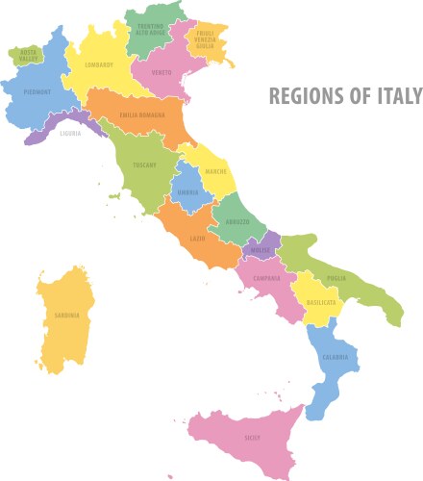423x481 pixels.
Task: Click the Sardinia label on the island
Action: tap(67, 315)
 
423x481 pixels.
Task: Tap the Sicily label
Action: tap(252, 438)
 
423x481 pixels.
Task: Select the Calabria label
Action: tap(335, 359)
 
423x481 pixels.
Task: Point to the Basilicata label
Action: tap(321, 302)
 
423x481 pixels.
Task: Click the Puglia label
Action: tap(336, 278)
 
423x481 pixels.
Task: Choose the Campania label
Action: tap(266, 278)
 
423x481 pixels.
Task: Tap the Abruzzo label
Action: tap(237, 222)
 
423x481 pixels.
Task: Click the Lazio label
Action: tap(197, 238)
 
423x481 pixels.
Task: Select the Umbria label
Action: tap(188, 192)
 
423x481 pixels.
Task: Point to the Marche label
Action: tap(215, 172)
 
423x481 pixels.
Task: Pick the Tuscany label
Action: tap(144, 165)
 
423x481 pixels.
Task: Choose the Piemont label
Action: tap(39, 92)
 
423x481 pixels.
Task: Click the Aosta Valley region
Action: tap(28, 55)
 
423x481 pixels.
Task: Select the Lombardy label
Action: tap(99, 64)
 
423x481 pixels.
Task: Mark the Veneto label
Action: tap(161, 72)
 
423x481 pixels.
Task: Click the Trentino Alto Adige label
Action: tap(149, 29)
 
